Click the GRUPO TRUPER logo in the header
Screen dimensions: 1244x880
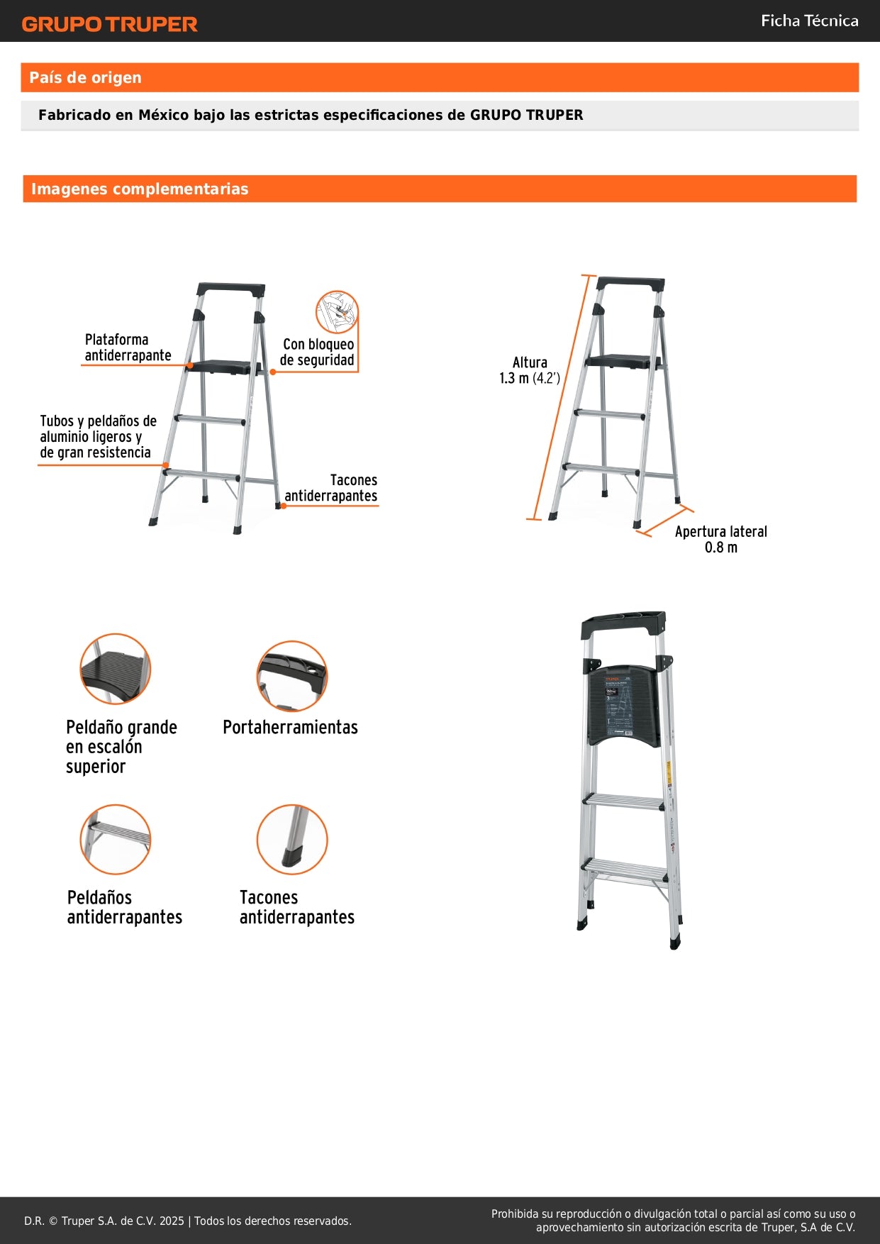[x=109, y=24]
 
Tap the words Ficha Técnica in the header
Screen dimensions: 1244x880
[x=809, y=21]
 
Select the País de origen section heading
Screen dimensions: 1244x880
[x=85, y=78]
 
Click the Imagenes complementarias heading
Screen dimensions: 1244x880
[x=140, y=189]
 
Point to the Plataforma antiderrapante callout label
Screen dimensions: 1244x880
[x=128, y=348]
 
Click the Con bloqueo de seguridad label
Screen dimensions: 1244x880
[x=318, y=352]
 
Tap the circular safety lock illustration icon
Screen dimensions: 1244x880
[x=337, y=311]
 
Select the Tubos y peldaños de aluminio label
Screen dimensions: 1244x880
[x=98, y=437]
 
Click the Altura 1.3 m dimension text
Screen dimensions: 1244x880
[x=530, y=370]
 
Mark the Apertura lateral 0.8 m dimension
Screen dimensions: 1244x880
[x=720, y=540]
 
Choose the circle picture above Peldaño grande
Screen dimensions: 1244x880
[x=115, y=669]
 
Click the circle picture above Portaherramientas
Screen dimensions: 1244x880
[x=291, y=676]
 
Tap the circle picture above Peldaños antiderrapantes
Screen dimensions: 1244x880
[x=115, y=839]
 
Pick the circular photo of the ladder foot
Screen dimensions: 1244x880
[x=291, y=839]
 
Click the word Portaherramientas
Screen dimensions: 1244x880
[x=290, y=728]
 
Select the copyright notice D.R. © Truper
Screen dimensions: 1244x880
[x=188, y=1221]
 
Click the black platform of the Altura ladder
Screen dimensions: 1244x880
[x=618, y=361]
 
